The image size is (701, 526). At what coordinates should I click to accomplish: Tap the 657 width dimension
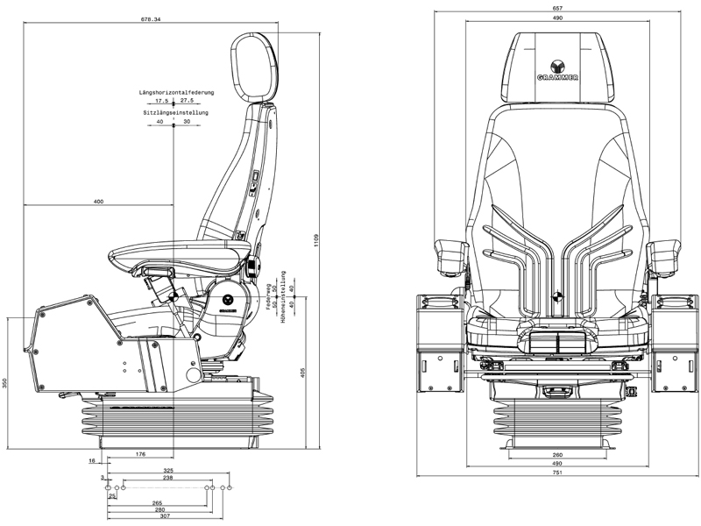coord(556,8)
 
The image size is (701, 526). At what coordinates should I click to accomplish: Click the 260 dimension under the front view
coord(557,454)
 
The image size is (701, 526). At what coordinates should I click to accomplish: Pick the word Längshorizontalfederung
coord(175,91)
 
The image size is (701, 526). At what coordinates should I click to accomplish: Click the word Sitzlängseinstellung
coord(174,112)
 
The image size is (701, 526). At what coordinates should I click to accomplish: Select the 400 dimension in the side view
coord(98,203)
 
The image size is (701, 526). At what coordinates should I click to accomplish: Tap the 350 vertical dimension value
coord(5,382)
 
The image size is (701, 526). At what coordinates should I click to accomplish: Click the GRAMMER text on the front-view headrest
coord(557,80)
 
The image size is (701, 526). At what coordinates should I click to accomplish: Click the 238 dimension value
coord(167,478)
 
